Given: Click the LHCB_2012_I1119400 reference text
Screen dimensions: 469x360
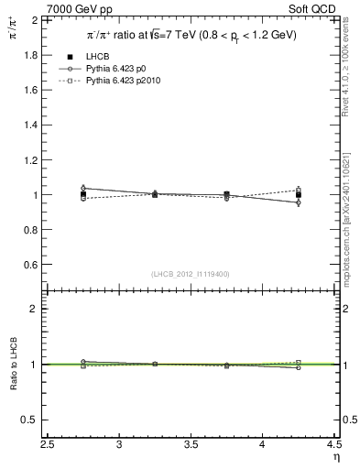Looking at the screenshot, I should coord(191,274).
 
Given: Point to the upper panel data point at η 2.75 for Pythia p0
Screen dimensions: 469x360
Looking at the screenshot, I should coord(83,188).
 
